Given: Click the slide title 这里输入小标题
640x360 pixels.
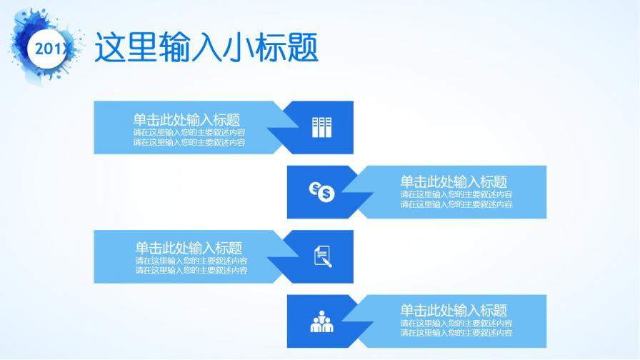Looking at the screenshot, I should click(x=206, y=47).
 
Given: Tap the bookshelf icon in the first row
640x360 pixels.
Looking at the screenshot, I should click(x=321, y=127).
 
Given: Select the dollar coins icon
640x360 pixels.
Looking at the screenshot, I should click(x=321, y=191).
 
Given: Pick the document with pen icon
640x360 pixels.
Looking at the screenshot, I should click(x=323, y=256).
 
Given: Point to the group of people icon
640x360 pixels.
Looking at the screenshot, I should click(x=322, y=322).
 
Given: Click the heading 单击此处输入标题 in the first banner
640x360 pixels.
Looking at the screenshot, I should click(x=186, y=120).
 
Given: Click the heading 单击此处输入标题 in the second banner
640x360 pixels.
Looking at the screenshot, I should click(x=454, y=182).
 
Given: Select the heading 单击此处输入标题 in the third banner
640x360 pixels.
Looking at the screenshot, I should click(x=189, y=248).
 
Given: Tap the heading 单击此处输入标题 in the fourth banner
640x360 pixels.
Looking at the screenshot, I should click(x=454, y=311).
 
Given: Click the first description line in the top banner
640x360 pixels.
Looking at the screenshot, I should click(x=189, y=132).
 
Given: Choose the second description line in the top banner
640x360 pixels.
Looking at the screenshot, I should click(x=189, y=142).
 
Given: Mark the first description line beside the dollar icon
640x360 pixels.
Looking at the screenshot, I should click(x=456, y=194).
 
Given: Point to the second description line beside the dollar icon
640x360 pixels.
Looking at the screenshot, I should click(x=456, y=204).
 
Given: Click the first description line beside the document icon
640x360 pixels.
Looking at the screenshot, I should click(x=192, y=261).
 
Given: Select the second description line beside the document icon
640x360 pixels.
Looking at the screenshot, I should click(x=192, y=270).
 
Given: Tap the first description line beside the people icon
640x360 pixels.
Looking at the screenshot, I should click(x=456, y=323).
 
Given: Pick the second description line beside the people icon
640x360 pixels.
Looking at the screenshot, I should click(x=456, y=333).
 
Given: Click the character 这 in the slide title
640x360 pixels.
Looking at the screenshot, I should click(x=111, y=47).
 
